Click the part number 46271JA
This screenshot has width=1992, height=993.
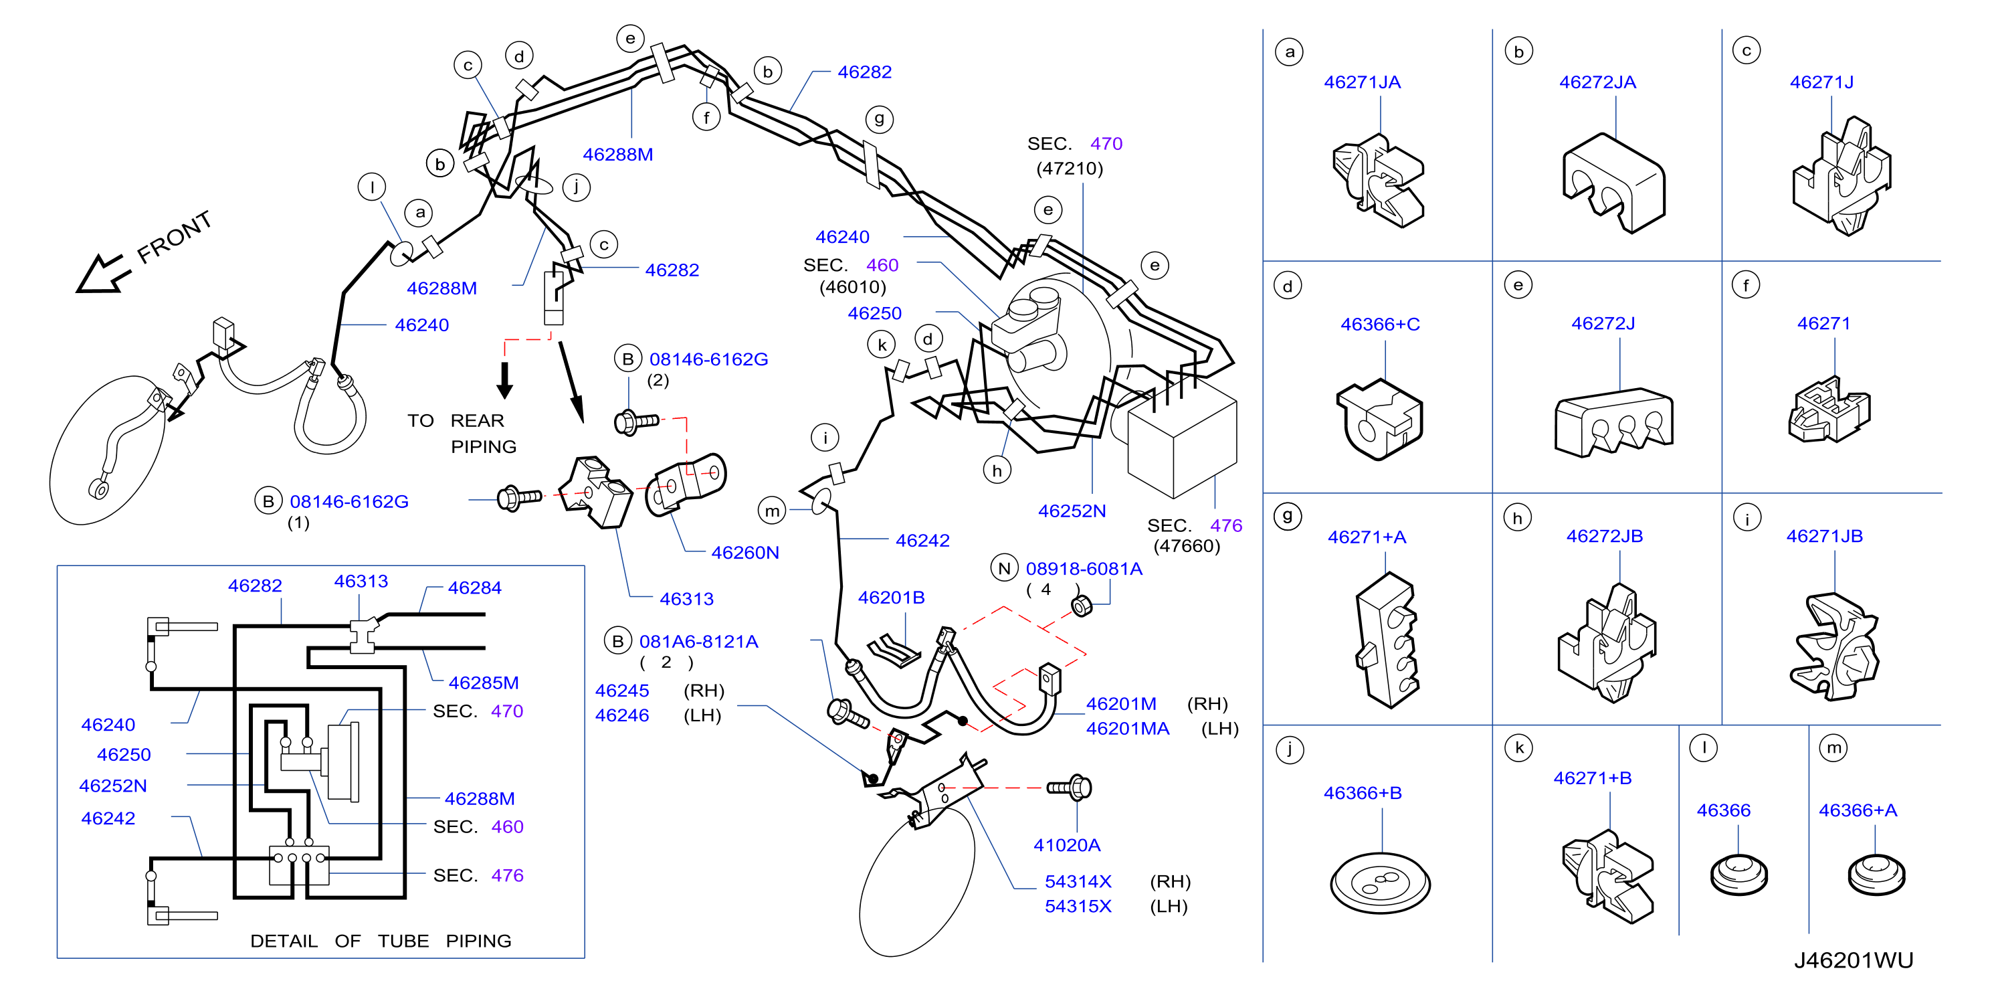tap(1362, 82)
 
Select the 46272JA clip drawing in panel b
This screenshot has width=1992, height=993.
tap(1613, 183)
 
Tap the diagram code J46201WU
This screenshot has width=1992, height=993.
tap(1854, 960)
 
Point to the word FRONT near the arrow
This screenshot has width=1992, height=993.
tap(174, 237)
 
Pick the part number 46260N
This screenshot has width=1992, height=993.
tap(744, 552)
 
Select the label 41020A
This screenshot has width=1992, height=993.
tap(1066, 844)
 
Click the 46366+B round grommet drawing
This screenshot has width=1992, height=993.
tap(1381, 883)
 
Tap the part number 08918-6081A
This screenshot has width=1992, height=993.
tap(1084, 568)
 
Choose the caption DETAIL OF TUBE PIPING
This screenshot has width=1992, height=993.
tap(381, 940)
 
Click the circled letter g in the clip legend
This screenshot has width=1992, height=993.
tap(1288, 516)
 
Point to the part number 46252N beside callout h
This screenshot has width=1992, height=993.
tap(1072, 511)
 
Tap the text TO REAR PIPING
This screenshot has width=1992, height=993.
tap(462, 433)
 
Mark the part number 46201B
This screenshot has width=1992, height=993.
tap(891, 597)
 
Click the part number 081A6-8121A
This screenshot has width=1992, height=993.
tap(698, 641)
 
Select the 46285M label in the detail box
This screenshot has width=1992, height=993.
tap(484, 682)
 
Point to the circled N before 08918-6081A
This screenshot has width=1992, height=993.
tap(1004, 568)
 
